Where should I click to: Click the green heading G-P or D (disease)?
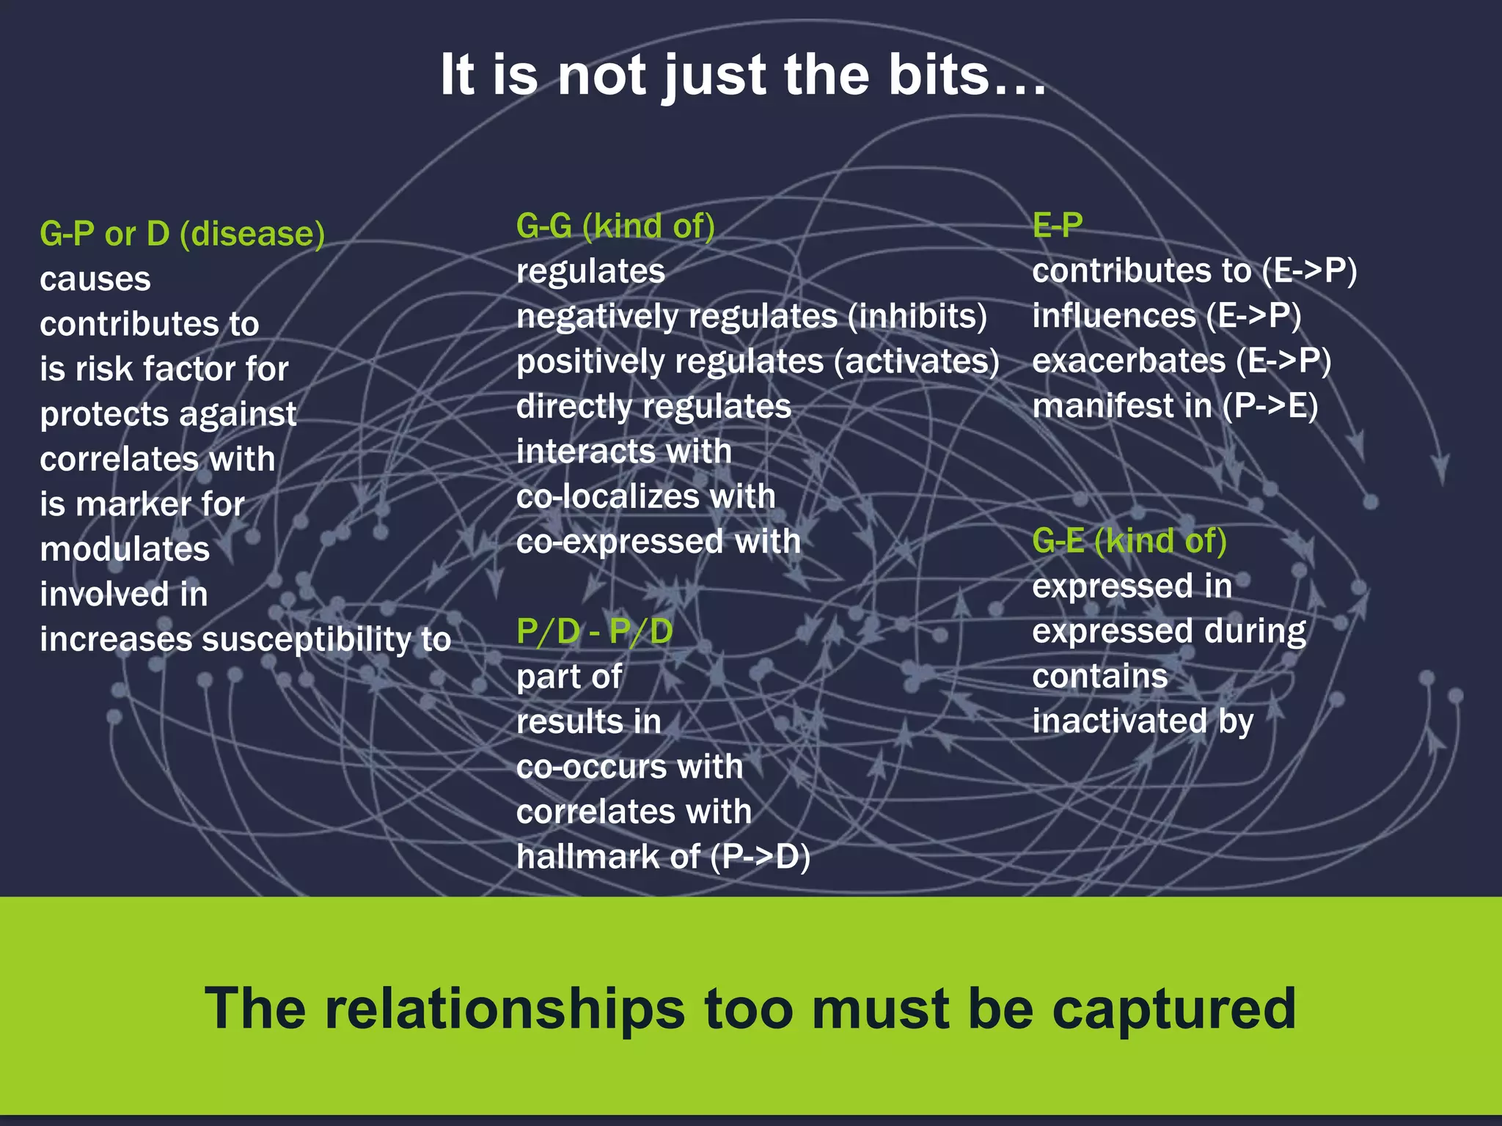[x=182, y=234]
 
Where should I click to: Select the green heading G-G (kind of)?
[x=615, y=226]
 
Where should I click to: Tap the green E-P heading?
[x=1057, y=225]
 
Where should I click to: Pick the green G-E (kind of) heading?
[x=1129, y=541]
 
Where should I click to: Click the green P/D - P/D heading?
[x=594, y=631]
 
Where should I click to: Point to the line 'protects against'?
[x=168, y=414]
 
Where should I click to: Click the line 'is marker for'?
[x=142, y=504]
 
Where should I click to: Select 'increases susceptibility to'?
[x=245, y=639]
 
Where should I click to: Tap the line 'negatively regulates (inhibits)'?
[x=751, y=317]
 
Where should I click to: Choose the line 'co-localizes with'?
[x=645, y=496]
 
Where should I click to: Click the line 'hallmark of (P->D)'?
[x=663, y=856]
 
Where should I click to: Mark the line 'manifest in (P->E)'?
[x=1175, y=406]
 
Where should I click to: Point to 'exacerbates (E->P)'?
[x=1181, y=361]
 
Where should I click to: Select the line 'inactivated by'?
[x=1143, y=721]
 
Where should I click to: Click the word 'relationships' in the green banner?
[x=505, y=1009]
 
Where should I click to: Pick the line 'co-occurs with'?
[x=629, y=767]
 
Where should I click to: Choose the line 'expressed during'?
[x=1169, y=631]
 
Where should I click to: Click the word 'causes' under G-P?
[x=95, y=279]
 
